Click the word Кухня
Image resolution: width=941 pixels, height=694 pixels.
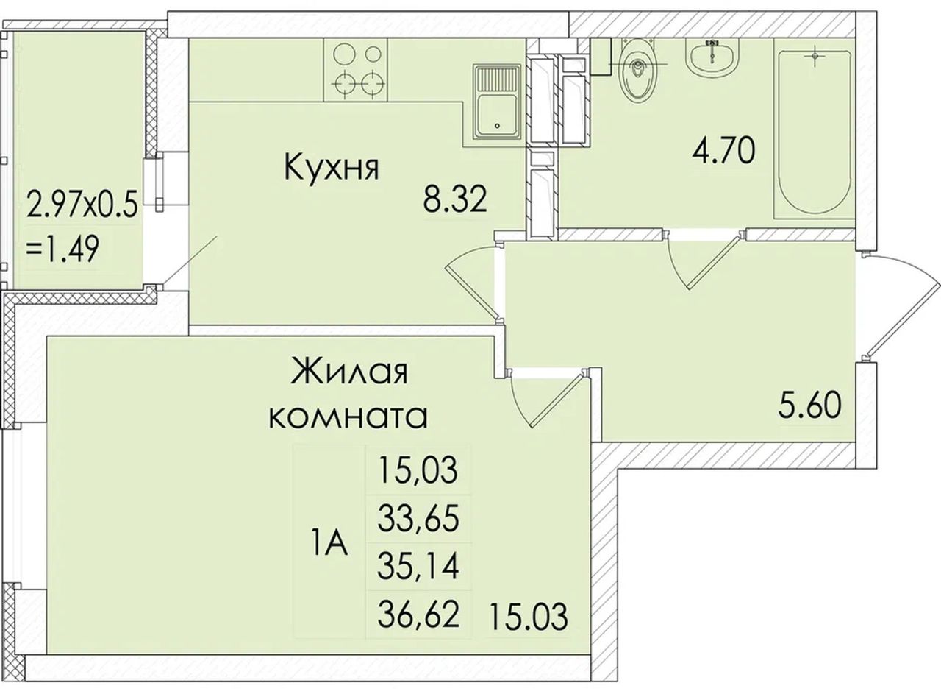(x=332, y=168)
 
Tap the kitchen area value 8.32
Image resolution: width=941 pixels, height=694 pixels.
(x=455, y=199)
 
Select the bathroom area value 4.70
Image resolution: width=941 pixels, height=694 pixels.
(x=724, y=150)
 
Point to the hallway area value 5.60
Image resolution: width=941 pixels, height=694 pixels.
(x=811, y=404)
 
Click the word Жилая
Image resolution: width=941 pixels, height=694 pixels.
(x=349, y=371)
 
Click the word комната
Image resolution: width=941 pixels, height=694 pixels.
(x=348, y=416)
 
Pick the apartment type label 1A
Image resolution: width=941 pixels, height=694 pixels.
(x=329, y=543)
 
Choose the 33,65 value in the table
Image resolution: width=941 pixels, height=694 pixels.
(x=418, y=518)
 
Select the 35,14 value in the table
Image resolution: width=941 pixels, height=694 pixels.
(x=418, y=567)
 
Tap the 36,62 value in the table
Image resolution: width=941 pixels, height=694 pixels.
(x=418, y=615)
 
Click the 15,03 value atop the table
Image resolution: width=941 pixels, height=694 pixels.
(x=418, y=470)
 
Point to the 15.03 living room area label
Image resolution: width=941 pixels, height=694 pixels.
(x=529, y=617)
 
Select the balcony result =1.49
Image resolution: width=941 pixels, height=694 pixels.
(x=62, y=249)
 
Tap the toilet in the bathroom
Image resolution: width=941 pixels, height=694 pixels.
(x=638, y=70)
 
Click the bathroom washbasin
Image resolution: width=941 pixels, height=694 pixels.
(x=712, y=59)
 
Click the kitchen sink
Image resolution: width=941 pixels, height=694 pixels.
(x=498, y=102)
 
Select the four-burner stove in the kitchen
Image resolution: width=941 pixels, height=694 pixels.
(x=355, y=70)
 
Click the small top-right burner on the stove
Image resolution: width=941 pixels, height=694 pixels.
(x=373, y=54)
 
